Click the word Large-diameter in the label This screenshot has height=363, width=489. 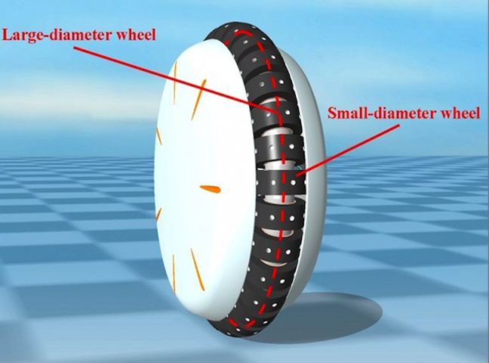click(x=57, y=35)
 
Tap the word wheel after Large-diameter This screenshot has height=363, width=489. click(x=136, y=34)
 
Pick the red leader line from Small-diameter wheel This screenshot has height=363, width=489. click(x=349, y=150)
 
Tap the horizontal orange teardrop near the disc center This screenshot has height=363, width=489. click(x=211, y=189)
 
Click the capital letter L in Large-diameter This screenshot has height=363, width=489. click(x=7, y=35)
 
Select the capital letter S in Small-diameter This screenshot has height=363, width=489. click(x=332, y=113)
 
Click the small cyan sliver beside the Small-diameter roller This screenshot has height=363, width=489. click(x=300, y=168)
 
